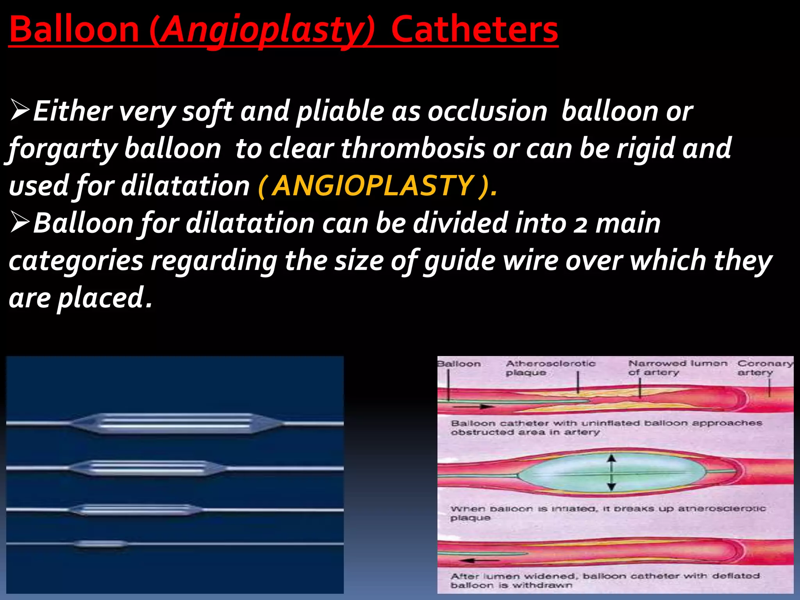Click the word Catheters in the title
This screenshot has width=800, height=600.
coord(474,30)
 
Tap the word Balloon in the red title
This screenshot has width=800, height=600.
coord(74,30)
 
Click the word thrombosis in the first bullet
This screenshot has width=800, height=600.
coord(413,148)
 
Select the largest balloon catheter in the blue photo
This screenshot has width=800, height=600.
coord(176,423)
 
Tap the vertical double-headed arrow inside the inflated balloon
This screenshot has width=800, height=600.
coord(612,473)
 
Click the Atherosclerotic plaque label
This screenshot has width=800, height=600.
coord(550,368)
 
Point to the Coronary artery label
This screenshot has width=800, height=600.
coord(765,368)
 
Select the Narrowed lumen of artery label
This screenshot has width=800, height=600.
coord(677,368)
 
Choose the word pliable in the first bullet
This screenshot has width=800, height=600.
coord(340,112)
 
